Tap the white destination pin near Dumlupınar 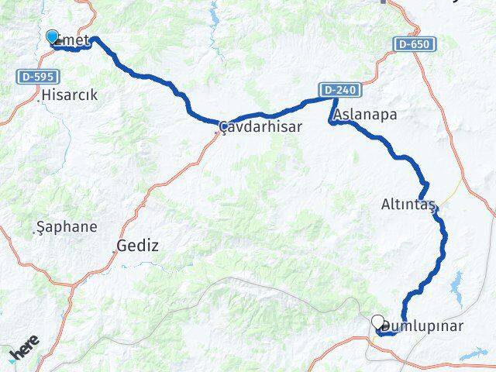point(377,322)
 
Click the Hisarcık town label point(74,95)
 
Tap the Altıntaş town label point(409,205)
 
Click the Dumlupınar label point(425,326)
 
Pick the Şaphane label point(67,227)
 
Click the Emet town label point(75,40)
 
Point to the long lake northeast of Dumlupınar point(455,282)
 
